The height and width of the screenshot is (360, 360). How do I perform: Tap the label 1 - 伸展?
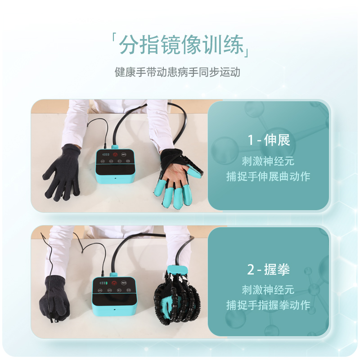point(269,140)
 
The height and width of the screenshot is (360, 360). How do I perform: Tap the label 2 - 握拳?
point(269,270)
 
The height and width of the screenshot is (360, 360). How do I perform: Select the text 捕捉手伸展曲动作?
point(269,176)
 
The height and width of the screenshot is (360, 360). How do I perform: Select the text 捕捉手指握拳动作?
point(269,306)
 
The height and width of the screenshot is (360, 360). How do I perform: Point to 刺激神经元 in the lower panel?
point(269,289)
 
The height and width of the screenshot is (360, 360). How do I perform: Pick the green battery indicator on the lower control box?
point(104,283)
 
